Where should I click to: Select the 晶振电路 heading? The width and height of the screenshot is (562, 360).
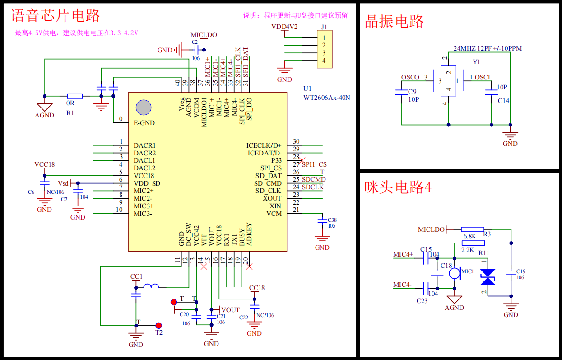point(394,21)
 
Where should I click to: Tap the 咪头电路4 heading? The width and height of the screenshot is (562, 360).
point(398,187)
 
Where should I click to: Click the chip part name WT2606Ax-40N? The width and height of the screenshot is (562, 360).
point(326,97)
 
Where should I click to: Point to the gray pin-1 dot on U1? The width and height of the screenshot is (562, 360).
point(144,107)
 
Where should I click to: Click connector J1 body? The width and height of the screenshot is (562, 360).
point(324,49)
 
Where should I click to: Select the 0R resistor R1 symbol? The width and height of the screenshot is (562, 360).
point(74,96)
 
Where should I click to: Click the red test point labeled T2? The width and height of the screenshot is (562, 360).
point(158,325)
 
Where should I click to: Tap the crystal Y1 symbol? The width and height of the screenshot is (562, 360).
point(448,81)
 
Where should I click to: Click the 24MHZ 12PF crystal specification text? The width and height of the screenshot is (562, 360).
point(488,48)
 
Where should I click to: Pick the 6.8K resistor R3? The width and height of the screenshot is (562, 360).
point(473,229)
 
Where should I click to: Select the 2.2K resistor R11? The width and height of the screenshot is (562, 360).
point(473,243)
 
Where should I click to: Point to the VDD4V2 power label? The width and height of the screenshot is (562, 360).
point(284,27)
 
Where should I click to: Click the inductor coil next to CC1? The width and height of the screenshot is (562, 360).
point(151,286)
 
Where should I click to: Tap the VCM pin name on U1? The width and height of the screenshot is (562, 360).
point(274,214)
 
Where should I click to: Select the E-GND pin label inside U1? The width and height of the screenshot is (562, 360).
point(144,122)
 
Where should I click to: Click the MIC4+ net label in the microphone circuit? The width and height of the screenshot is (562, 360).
point(403,254)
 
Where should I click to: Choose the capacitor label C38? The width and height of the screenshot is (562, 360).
point(332,220)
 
